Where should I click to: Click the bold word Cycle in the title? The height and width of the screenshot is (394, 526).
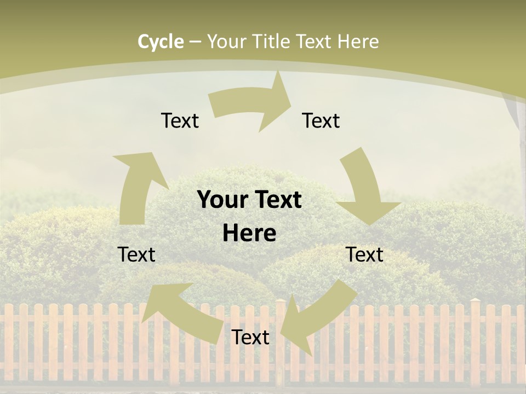(x=161, y=42)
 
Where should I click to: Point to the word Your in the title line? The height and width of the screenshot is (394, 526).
(x=226, y=42)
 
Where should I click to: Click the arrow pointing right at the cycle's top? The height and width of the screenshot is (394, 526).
(x=252, y=102)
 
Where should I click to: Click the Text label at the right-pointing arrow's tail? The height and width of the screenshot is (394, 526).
(x=180, y=120)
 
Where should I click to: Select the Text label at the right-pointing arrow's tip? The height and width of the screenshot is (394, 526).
(x=321, y=120)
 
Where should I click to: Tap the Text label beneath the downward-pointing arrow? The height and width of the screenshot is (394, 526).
(x=364, y=254)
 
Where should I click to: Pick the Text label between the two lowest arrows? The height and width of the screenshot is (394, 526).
(x=250, y=337)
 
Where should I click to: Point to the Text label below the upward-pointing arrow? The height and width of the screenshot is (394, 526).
(x=136, y=254)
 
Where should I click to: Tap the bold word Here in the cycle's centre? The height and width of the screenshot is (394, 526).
(x=249, y=234)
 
